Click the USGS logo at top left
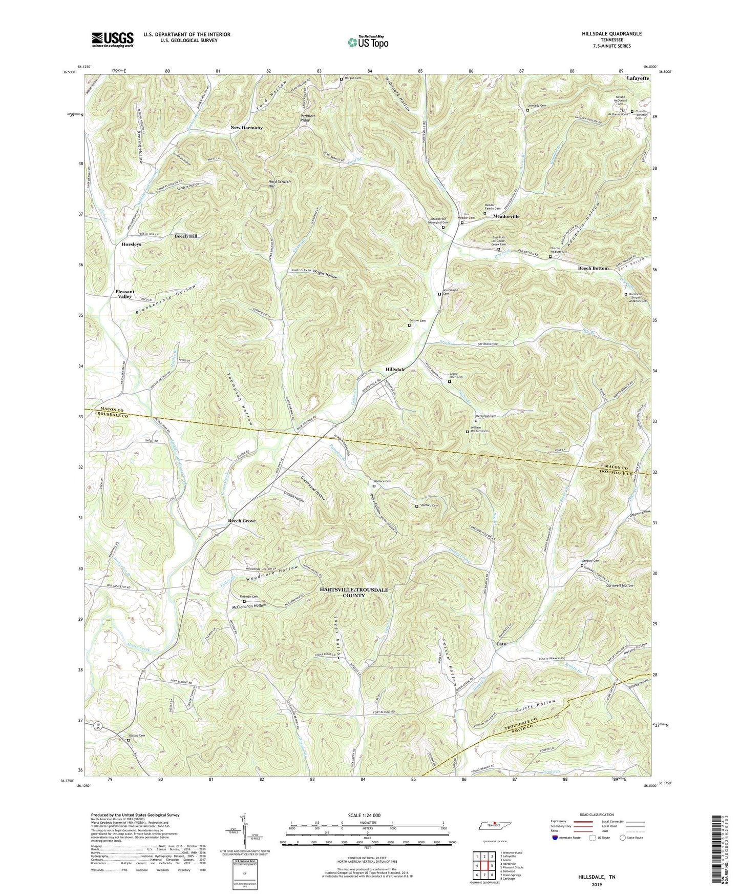point(113,39)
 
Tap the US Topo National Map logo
point(367,42)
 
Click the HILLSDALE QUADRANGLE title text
point(611,34)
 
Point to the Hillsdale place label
point(395,369)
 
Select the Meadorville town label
point(506,216)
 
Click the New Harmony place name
point(246,128)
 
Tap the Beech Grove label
point(242,521)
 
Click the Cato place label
point(501,644)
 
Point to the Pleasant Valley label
point(124,294)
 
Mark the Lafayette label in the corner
point(638,78)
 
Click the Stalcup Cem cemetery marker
point(129,740)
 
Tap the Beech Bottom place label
point(593,269)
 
